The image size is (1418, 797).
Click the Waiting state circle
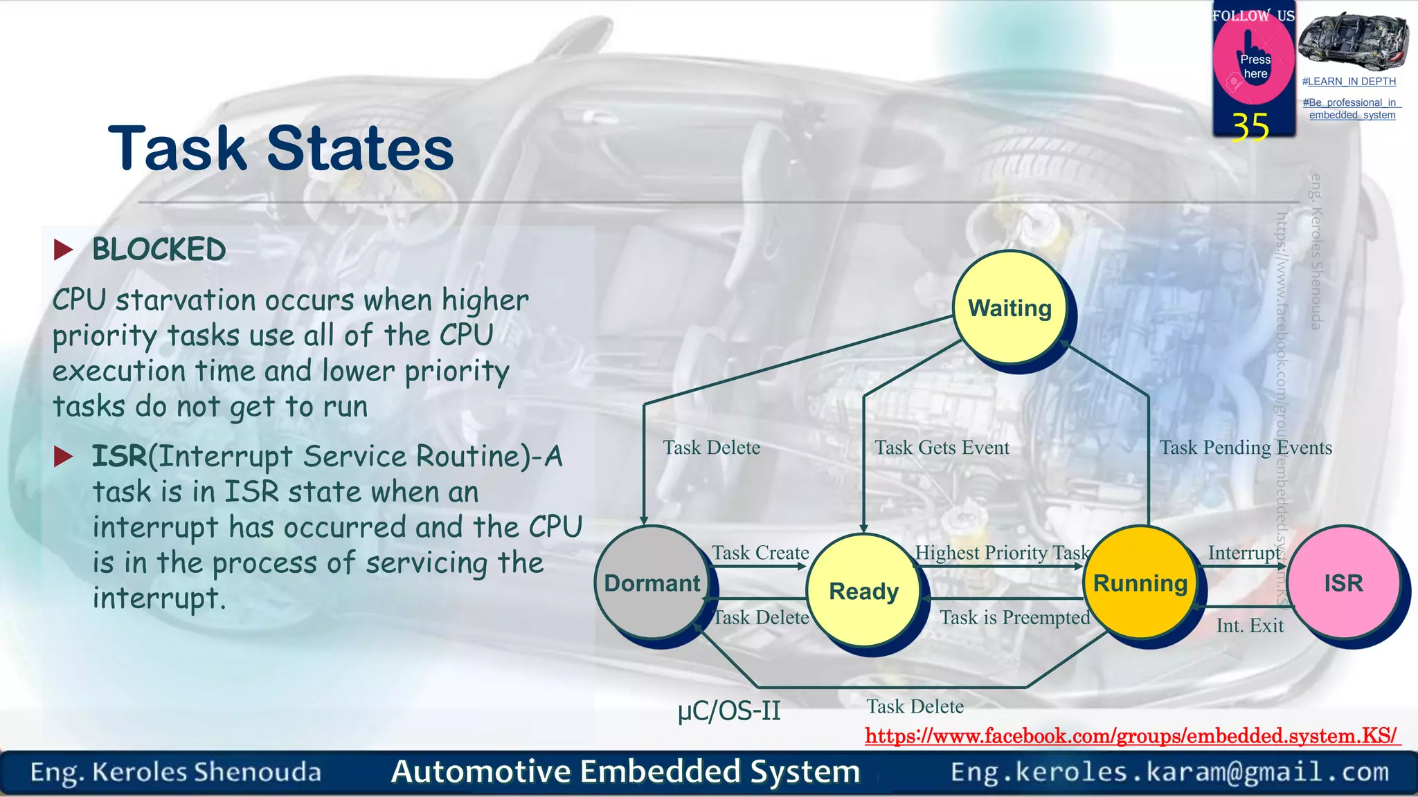(x=1009, y=307)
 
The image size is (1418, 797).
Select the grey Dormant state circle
(x=652, y=583)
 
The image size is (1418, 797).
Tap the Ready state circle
(x=863, y=591)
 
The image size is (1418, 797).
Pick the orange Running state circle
(x=1140, y=583)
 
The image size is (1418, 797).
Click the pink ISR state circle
(x=1343, y=583)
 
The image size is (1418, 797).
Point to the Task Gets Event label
(x=942, y=448)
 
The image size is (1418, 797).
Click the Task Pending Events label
(x=1245, y=448)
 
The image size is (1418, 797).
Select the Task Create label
(x=760, y=553)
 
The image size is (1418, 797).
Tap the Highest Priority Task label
(x=1001, y=553)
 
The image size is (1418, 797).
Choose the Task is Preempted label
(x=1014, y=617)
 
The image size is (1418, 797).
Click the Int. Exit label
(x=1250, y=625)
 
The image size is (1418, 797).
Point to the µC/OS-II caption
(x=729, y=711)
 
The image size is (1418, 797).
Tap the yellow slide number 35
(x=1250, y=127)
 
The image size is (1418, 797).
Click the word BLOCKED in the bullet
(x=159, y=250)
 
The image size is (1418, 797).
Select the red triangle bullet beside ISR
(x=64, y=457)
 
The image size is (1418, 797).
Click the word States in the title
(x=360, y=149)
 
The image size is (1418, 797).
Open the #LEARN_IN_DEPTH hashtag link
(x=1349, y=82)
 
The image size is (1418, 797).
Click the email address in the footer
(x=1169, y=772)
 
